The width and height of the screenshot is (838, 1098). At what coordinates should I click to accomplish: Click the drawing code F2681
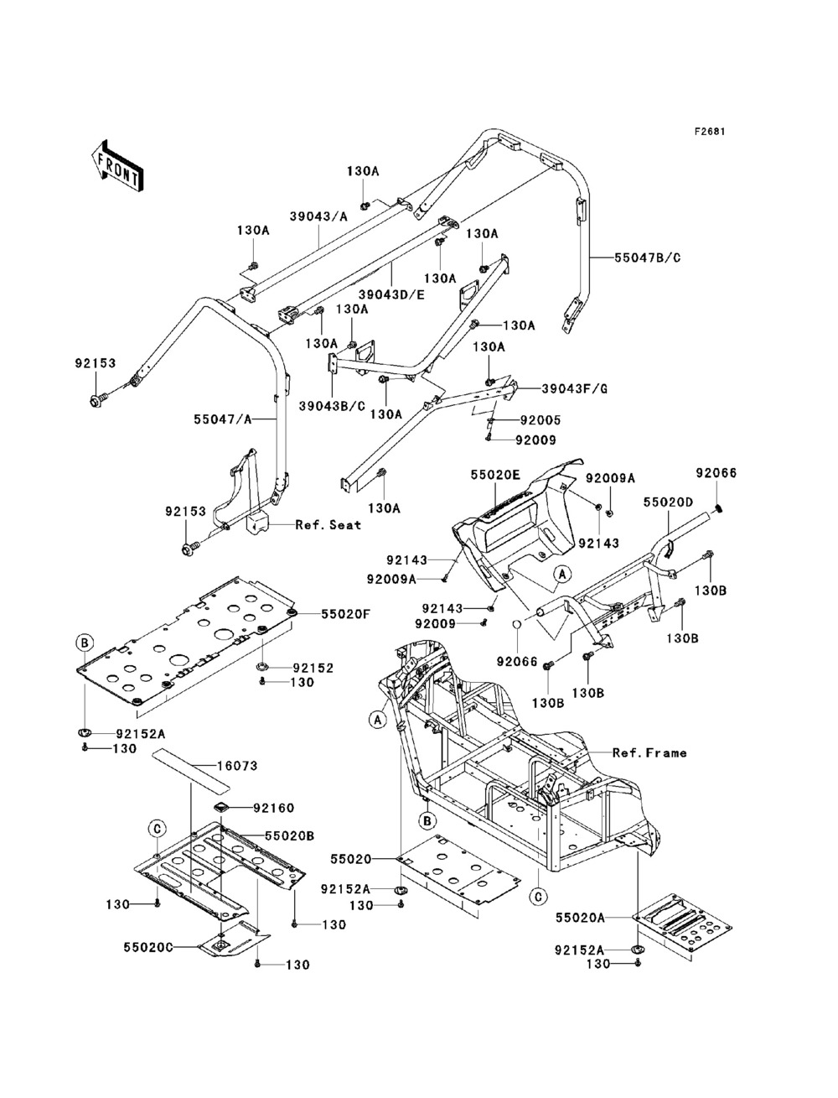[708, 132]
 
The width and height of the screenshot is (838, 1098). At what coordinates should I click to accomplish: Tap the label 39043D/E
[391, 294]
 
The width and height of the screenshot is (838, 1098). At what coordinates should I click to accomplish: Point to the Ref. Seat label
[328, 524]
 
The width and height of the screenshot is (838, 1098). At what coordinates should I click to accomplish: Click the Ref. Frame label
[649, 752]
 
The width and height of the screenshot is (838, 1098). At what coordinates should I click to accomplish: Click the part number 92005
[539, 420]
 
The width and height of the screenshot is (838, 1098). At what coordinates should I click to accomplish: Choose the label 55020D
[668, 501]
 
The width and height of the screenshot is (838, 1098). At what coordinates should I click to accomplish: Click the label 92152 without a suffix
[313, 668]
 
